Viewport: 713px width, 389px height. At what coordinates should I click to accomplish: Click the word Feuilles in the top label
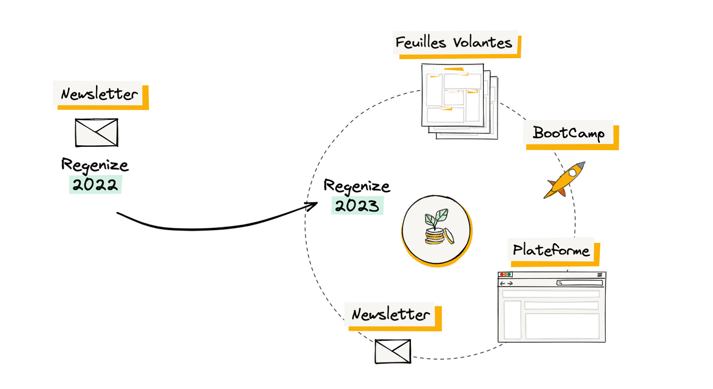pos(421,43)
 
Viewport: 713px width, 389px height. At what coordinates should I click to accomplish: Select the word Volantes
pos(482,43)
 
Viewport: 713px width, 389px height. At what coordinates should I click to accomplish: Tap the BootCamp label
pos(569,133)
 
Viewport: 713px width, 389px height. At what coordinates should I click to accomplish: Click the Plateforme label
pos(551,251)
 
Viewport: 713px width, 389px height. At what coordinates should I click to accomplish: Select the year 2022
pos(95,185)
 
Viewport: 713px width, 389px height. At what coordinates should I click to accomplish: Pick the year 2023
pos(357,206)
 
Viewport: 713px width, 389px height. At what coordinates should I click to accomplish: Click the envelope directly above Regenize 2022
pos(96,132)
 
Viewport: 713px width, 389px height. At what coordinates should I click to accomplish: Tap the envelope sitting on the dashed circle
pos(393,351)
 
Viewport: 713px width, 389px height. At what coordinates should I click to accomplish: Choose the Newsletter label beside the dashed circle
pos(391,314)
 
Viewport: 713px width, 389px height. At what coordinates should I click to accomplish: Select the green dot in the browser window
pos(509,275)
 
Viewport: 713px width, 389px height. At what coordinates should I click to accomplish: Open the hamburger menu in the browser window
pos(600,275)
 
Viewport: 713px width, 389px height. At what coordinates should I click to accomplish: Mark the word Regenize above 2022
pos(95,165)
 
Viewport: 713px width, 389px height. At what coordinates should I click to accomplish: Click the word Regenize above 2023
pos(357,186)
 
